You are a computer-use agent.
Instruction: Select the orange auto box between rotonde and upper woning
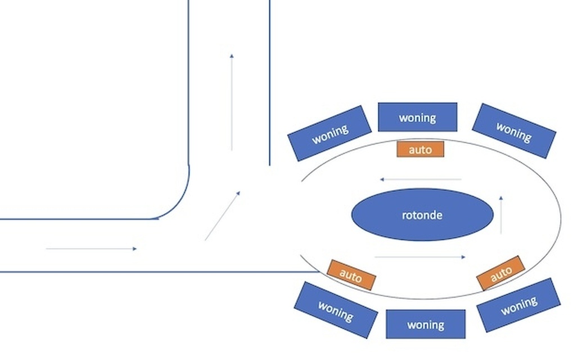pos(420,149)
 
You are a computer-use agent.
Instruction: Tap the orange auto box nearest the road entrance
pos(351,275)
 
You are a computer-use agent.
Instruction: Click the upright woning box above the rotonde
pos(417,117)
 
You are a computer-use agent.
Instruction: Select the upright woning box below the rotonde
pos(426,324)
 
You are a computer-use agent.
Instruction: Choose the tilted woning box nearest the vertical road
pos(330,133)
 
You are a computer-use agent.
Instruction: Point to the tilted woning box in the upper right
pos(513,131)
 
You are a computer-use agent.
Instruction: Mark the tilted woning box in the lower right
pos(518,304)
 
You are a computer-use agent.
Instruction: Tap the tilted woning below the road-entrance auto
pos(336,309)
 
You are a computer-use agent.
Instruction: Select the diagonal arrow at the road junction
pos(222,216)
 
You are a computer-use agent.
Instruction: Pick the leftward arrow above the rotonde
pos(421,179)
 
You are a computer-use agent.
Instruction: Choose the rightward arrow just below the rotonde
pos(420,257)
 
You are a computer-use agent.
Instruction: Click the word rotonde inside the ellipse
pos(422,215)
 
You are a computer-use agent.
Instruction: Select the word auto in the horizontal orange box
pos(420,149)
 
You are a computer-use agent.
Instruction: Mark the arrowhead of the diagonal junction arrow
pos(238,193)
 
